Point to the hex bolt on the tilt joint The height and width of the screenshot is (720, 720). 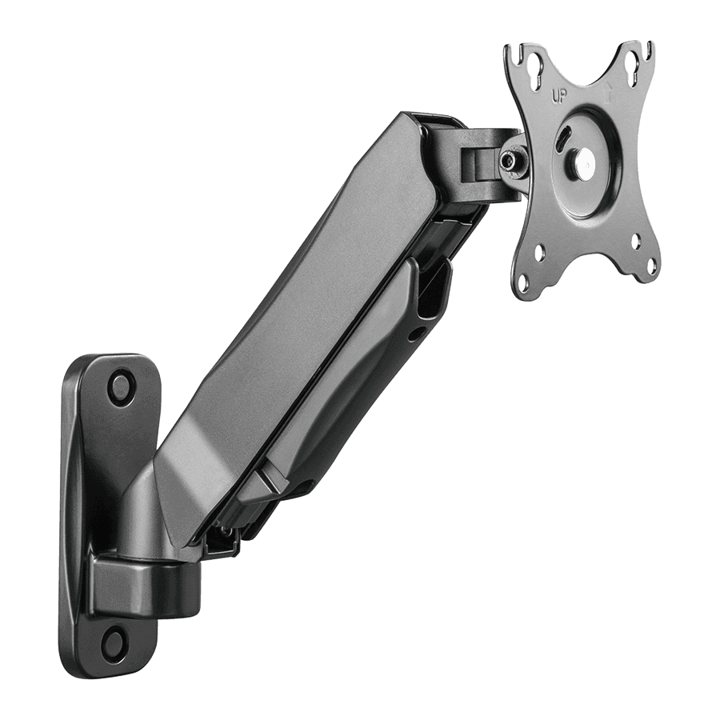click(509, 160)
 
